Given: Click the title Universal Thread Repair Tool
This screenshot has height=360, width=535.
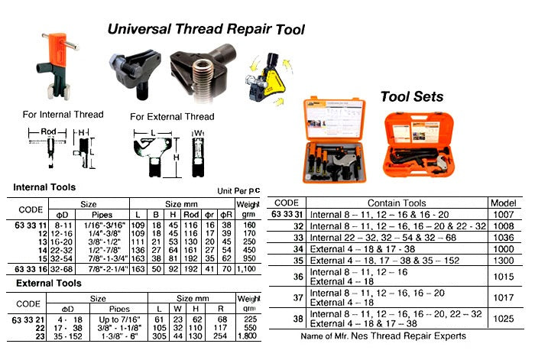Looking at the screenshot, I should (206, 30).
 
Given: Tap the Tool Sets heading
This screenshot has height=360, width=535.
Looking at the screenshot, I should (411, 96).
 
